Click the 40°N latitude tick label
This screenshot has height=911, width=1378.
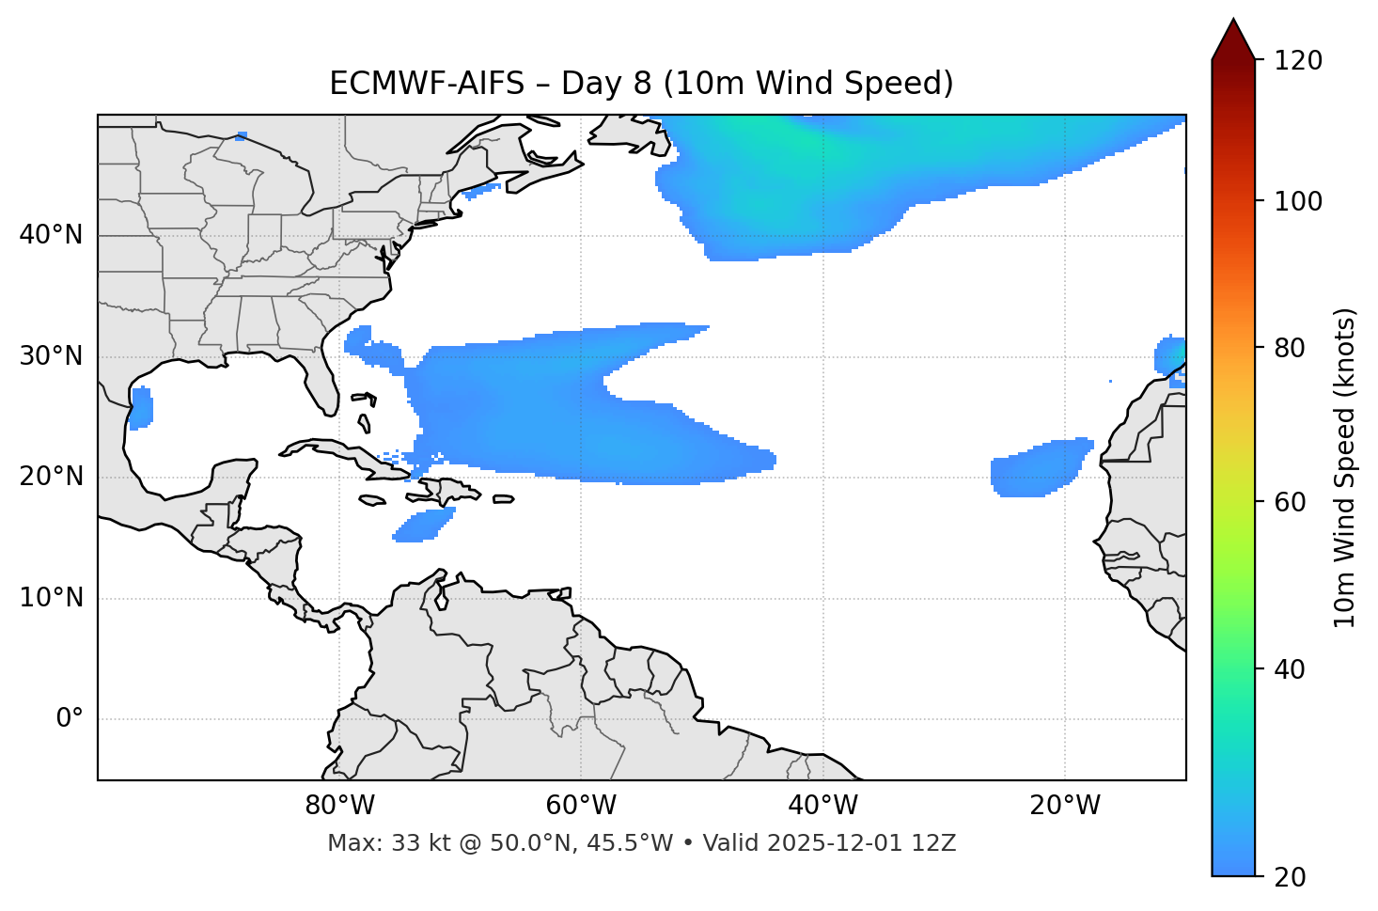coord(51,235)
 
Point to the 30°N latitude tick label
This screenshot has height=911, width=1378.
coord(51,356)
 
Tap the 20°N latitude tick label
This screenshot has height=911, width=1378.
coord(51,477)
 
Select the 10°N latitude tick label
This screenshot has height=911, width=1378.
coord(51,598)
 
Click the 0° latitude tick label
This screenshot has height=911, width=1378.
coord(70,719)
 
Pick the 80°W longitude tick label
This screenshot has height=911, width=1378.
coord(339,806)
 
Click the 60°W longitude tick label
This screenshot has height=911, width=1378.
coord(581,806)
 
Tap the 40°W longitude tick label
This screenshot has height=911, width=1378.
coord(822,806)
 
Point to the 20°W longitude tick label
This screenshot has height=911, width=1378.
coord(1064,806)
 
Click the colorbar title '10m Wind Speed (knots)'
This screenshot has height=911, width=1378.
coord(1345,467)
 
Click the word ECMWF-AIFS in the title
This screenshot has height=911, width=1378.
coord(426,84)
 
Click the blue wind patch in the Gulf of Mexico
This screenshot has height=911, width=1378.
coord(141,408)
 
